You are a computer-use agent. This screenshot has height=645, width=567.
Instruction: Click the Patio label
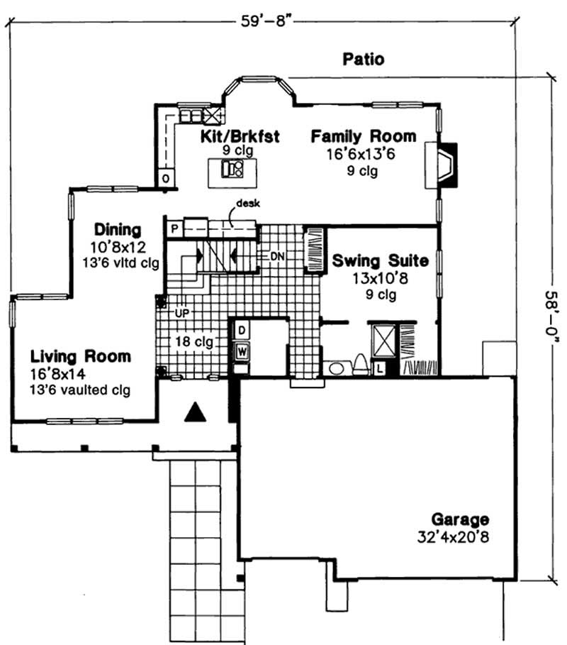[x=363, y=59]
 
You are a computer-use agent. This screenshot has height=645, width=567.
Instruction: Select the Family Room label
[x=363, y=136]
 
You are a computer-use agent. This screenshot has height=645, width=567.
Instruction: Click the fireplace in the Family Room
[x=446, y=165]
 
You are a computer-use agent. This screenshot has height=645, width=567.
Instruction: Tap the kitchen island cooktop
[x=232, y=169]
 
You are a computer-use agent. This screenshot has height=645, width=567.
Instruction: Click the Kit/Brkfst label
[x=230, y=136]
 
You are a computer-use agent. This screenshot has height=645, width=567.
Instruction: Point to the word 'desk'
[x=249, y=203]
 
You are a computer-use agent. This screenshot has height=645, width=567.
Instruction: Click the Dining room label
[x=118, y=230]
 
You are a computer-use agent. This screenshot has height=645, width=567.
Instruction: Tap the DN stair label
[x=276, y=255]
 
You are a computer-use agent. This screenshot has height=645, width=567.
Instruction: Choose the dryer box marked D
[x=241, y=331]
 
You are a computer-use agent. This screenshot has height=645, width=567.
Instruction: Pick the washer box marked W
[x=241, y=350]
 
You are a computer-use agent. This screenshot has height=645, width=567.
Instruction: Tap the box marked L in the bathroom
[x=380, y=368]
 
